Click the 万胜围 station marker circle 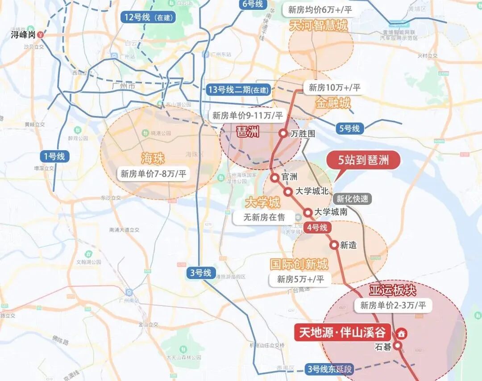(283, 133)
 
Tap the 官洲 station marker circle (275, 177)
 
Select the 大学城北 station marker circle (288, 191)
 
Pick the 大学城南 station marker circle (308, 212)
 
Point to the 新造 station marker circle (334, 245)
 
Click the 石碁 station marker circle (397, 345)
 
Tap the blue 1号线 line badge (54, 157)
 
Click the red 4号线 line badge (316, 228)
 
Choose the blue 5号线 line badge (349, 128)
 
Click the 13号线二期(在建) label (239, 89)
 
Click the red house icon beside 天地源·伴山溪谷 (401, 333)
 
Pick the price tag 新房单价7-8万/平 (153, 174)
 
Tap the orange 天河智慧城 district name (318, 25)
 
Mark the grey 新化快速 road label (353, 199)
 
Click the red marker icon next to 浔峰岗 (41, 34)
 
